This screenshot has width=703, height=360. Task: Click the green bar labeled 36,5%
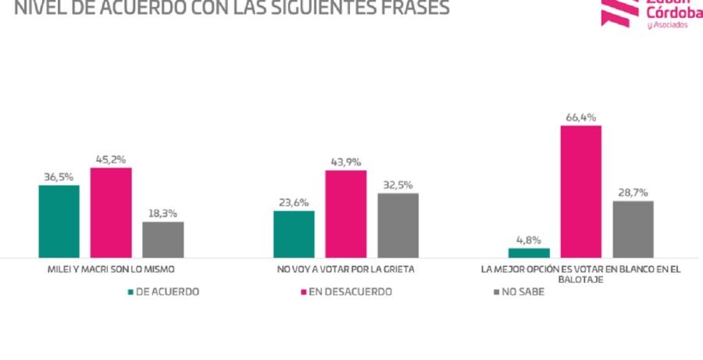click(59, 221)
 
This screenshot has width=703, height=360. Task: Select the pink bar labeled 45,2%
click(111, 212)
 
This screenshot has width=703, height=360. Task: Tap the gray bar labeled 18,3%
click(163, 239)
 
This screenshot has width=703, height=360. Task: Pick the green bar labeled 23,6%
click(294, 233)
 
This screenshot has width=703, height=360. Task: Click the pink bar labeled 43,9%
click(346, 213)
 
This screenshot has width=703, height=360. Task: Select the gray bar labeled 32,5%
click(398, 225)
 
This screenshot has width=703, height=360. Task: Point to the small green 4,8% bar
click(529, 252)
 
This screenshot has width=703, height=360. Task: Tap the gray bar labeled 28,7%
click(633, 229)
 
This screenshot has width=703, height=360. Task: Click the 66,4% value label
click(580, 118)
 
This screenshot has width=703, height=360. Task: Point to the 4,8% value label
click(529, 241)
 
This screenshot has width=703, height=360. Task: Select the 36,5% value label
click(59, 177)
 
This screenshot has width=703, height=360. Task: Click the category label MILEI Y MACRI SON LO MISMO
click(111, 269)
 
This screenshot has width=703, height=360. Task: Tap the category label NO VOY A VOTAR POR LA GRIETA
click(345, 269)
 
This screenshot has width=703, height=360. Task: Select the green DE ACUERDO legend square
click(130, 292)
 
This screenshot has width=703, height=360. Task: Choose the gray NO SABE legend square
click(498, 292)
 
